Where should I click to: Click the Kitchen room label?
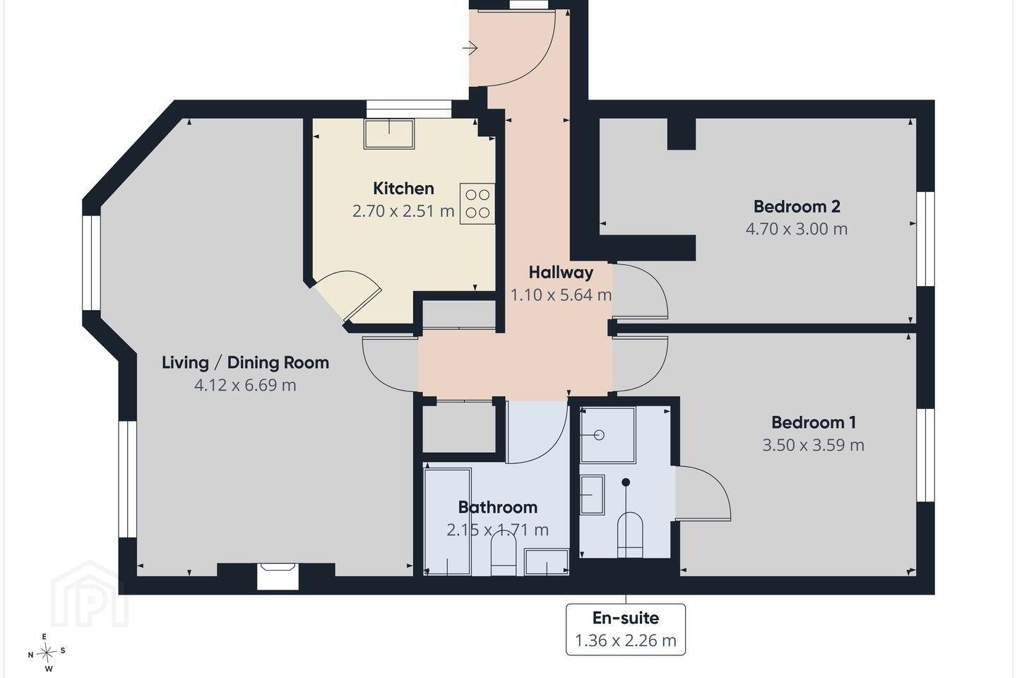[403, 189]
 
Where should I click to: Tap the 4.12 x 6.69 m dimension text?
[245, 385]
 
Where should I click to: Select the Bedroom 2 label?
[797, 207]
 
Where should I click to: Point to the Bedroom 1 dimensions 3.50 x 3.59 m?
[813, 445]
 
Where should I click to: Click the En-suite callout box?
[626, 629]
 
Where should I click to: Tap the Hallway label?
[561, 273]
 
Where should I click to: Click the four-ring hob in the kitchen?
[477, 203]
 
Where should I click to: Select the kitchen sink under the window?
[389, 134]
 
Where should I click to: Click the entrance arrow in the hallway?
[470, 48]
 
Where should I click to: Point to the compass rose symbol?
[46, 653]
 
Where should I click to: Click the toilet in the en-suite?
[630, 535]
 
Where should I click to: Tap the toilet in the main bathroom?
[504, 553]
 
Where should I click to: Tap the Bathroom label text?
[498, 507]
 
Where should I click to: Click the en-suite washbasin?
[593, 494]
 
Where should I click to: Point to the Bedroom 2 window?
[925, 239]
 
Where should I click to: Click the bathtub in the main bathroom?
[447, 522]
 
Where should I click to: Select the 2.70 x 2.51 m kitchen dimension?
[403, 211]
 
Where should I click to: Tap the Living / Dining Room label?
[245, 363]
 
